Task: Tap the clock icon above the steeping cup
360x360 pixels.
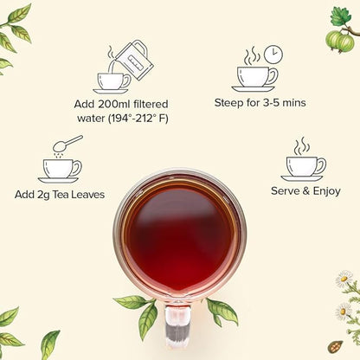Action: click(273, 54)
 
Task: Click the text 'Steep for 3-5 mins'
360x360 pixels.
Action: click(260, 104)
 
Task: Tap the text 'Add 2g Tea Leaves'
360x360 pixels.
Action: click(60, 194)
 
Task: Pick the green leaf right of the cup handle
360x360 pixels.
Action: click(222, 310)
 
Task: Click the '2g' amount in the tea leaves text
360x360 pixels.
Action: click(48, 194)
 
